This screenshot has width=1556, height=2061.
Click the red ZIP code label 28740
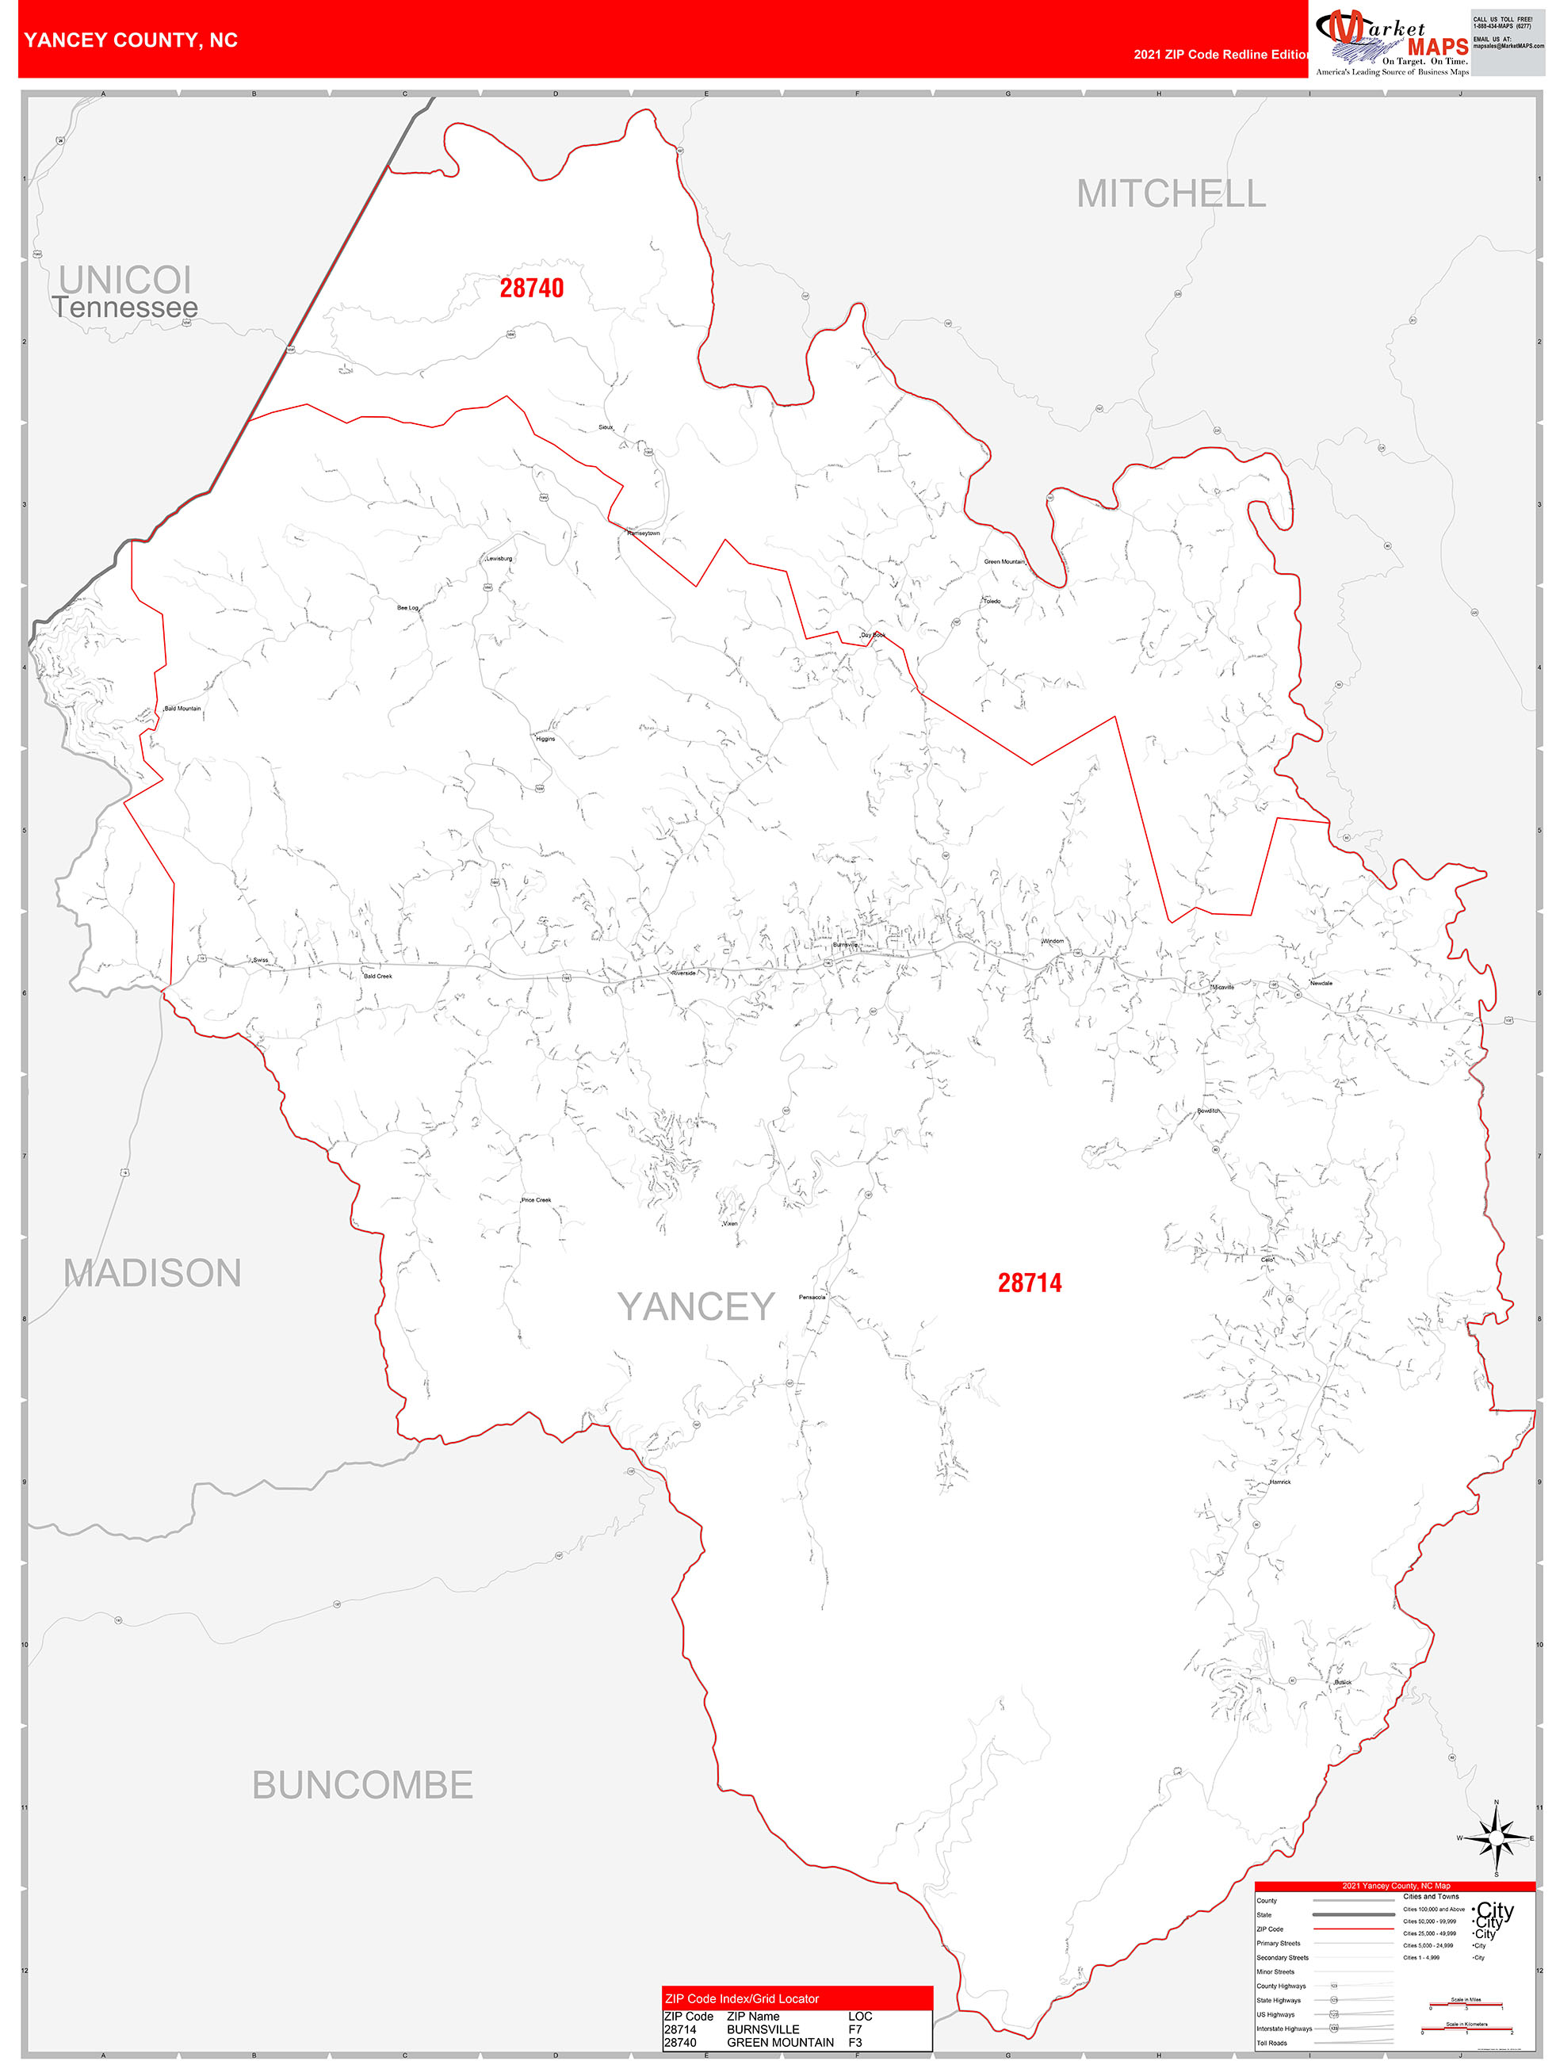[x=531, y=288]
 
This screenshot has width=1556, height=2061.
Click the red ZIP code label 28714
[x=1030, y=1283]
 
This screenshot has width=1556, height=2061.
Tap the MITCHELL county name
[x=1172, y=193]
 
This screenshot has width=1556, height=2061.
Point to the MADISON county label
[x=153, y=1273]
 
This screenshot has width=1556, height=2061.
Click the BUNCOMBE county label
[x=362, y=1785]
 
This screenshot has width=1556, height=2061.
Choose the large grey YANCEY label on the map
[x=696, y=1306]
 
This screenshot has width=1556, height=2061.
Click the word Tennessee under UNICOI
[x=125, y=308]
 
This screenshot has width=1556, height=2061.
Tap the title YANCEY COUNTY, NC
[x=131, y=40]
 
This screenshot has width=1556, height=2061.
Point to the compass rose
[x=1497, y=1838]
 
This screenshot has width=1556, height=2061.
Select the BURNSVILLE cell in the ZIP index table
[x=763, y=2028]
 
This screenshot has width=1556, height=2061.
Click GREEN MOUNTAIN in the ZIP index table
[x=780, y=2041]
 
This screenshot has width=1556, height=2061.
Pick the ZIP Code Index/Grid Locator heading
[x=742, y=1998]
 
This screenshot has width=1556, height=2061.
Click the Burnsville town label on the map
[x=845, y=945]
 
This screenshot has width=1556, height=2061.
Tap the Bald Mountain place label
[x=182, y=709]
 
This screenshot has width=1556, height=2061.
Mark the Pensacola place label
[x=812, y=1297]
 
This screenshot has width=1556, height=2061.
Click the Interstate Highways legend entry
[x=1284, y=2028]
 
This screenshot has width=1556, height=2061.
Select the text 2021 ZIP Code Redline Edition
[x=1221, y=54]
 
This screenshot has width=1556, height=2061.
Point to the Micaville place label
[x=1222, y=987]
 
